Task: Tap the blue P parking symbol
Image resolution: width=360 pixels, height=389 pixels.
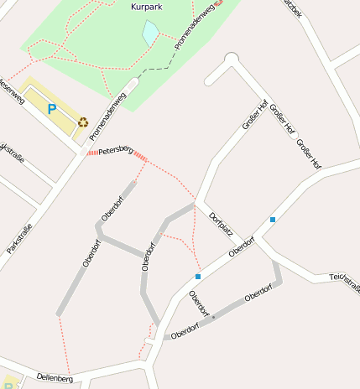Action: pyautogui.click(x=51, y=108)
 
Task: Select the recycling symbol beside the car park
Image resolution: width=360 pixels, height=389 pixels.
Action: pyautogui.click(x=83, y=122)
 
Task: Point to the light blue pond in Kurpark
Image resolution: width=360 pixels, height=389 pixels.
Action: pyautogui.click(x=150, y=33)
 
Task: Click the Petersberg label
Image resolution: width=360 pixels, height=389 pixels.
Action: pyautogui.click(x=116, y=152)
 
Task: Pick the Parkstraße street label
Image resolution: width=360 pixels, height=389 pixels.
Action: pyautogui.click(x=19, y=237)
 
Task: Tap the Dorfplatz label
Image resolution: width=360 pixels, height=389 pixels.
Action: pyautogui.click(x=221, y=224)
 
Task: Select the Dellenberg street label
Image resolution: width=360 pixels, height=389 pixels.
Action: pyautogui.click(x=55, y=379)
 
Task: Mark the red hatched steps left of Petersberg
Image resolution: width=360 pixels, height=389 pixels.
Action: pyautogui.click(x=91, y=153)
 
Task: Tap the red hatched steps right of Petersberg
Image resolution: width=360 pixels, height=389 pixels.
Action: pyautogui.click(x=140, y=157)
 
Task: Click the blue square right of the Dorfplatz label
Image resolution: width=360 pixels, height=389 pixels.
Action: pyautogui.click(x=273, y=220)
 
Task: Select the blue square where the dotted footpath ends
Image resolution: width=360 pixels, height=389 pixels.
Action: pyautogui.click(x=198, y=276)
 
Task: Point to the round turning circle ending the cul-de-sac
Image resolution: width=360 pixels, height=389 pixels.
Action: pyautogui.click(x=232, y=59)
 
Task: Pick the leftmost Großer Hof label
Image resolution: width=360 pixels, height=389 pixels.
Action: pyautogui.click(x=254, y=115)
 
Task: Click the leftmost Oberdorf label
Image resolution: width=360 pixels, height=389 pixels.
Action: pyautogui.click(x=91, y=252)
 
